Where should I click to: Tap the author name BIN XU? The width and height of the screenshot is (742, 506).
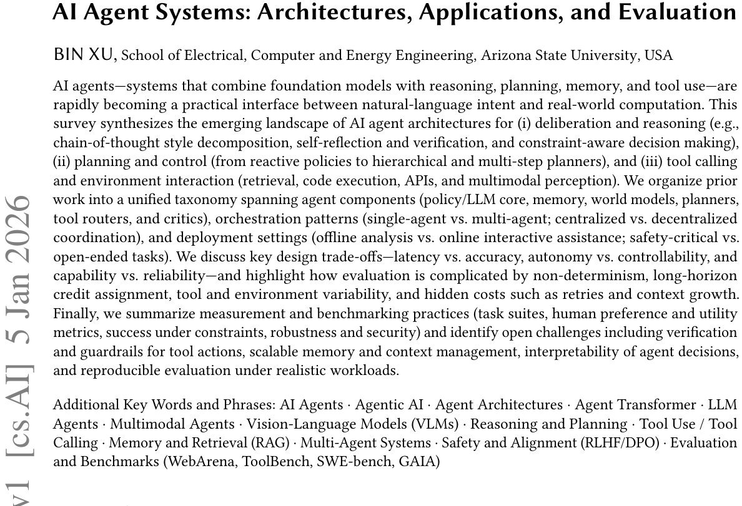tap(84, 55)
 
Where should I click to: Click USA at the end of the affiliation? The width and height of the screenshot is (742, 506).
tap(659, 56)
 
